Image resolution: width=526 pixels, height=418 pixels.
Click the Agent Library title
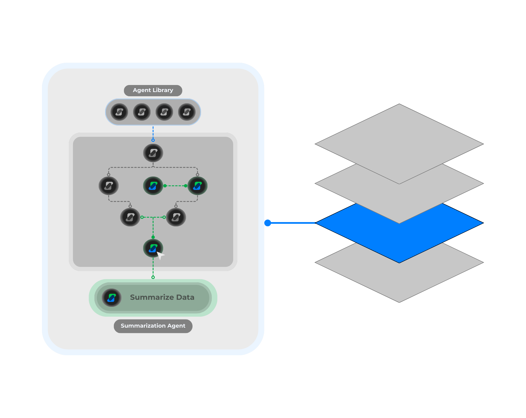(x=153, y=90)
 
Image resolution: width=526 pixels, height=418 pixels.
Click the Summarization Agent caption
(x=153, y=326)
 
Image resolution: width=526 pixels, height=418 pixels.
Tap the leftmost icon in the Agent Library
(x=119, y=112)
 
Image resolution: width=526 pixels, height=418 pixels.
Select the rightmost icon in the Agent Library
(x=187, y=112)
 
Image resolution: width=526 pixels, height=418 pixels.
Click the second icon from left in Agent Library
(x=142, y=112)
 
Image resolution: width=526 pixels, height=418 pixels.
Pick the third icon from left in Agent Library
(x=164, y=112)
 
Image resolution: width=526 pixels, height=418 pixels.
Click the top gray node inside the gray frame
(x=153, y=153)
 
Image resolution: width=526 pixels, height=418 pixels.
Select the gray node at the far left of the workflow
(x=109, y=186)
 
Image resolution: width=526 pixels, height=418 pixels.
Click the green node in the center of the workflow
(x=153, y=186)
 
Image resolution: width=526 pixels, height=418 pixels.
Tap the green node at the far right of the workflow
(x=197, y=186)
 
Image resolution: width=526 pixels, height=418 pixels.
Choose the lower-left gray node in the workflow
(x=130, y=217)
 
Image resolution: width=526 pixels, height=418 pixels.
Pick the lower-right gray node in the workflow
(x=176, y=217)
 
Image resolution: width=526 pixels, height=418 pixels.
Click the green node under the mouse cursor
(x=152, y=248)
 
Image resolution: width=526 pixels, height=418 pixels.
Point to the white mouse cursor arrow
(x=160, y=255)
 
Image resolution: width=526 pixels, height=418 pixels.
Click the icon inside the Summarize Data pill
(x=112, y=298)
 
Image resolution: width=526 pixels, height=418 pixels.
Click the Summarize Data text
(x=162, y=298)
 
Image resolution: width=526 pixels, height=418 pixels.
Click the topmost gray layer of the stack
(x=399, y=141)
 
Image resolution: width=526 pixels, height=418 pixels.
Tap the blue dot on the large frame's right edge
(x=268, y=223)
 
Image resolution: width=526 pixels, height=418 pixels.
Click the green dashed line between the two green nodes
(x=175, y=186)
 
